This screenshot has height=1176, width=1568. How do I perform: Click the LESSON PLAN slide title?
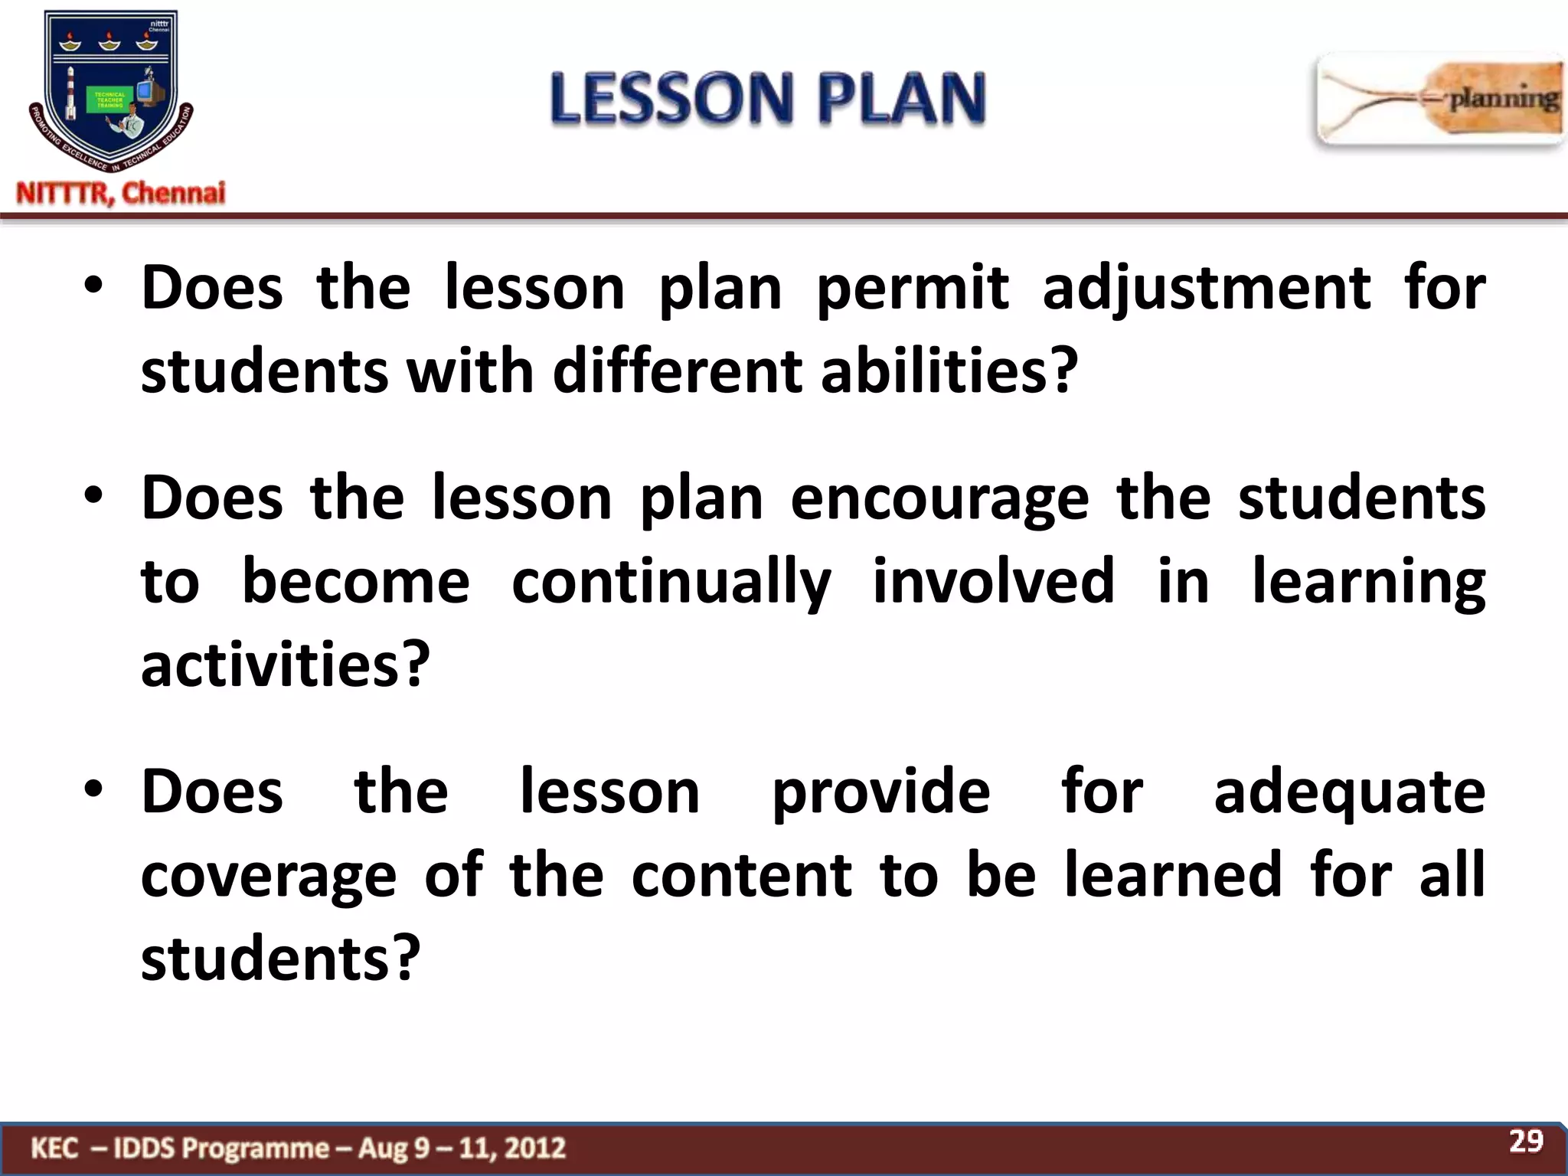[x=768, y=98]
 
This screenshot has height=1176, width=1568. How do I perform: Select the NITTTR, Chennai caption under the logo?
[x=121, y=193]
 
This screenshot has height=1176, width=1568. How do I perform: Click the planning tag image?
[x=1439, y=100]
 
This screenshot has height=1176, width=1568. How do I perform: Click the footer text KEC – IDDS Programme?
[x=299, y=1148]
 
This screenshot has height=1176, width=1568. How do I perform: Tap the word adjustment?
[x=1207, y=289]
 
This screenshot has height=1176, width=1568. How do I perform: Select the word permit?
[x=913, y=289]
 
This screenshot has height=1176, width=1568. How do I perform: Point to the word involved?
[x=993, y=582]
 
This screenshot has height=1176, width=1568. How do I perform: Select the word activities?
[x=286, y=665]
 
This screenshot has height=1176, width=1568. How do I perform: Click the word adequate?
[x=1349, y=792]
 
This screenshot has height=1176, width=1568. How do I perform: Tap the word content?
[x=741, y=875]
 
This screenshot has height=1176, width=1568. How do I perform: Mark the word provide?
[x=880, y=792]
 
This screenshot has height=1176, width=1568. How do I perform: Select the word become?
[x=356, y=582]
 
